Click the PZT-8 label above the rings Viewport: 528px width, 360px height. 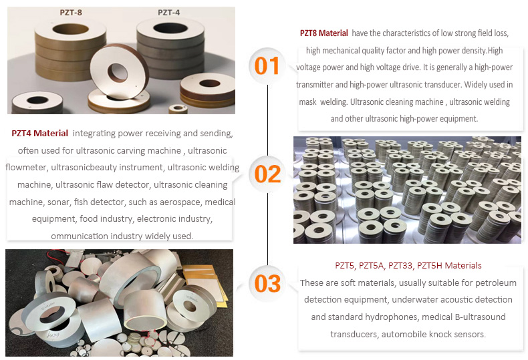pos(71,13)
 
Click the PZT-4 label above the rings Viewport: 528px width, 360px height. pos(168,13)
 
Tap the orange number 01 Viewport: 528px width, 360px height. pos(267,65)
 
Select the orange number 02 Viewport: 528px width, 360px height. pos(267,174)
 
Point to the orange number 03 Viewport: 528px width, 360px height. pos(267,283)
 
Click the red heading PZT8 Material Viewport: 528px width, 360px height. pos(324,33)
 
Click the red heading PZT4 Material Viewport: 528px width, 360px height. pos(39,133)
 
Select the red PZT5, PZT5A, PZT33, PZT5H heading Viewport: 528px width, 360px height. pos(408,265)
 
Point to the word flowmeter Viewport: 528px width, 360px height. pos(25,167)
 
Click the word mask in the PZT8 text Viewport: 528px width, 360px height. pos(307,102)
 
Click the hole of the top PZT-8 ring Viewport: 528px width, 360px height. pos(71,29)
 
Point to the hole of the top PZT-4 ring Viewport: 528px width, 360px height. pos(170,28)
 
